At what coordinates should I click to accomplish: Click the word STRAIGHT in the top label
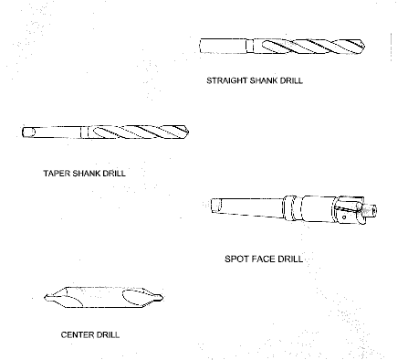click(227, 80)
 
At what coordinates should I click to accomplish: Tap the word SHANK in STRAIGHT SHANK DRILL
click(264, 80)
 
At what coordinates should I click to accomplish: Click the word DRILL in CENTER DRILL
click(108, 334)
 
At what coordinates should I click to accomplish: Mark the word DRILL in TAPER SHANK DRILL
click(114, 174)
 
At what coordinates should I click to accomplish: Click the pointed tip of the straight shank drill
click(364, 47)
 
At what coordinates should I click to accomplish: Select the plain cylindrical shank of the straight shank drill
click(224, 46)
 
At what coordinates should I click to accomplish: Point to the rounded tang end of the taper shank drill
click(28, 132)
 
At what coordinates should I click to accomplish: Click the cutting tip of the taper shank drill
click(188, 132)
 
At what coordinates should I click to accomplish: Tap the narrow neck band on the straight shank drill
click(250, 46)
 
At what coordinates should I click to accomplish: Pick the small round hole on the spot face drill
click(344, 217)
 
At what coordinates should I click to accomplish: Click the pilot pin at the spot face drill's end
click(370, 211)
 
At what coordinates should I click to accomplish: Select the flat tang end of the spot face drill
click(216, 205)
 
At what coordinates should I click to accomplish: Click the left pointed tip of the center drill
click(46, 297)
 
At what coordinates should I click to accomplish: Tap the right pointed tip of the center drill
click(162, 298)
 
